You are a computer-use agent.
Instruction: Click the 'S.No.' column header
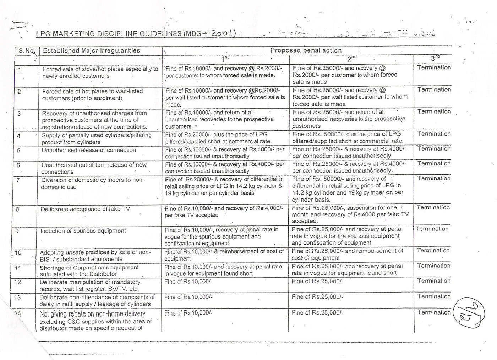(27, 51)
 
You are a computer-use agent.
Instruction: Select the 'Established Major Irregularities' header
(91, 51)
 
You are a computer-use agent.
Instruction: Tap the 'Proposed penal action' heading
(306, 50)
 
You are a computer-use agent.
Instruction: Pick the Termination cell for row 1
(434, 67)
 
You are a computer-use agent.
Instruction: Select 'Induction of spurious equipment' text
(83, 231)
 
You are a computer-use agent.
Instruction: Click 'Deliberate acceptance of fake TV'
(85, 209)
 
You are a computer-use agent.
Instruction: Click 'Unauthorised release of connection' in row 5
(89, 150)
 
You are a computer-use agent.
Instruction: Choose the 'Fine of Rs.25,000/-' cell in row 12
(317, 282)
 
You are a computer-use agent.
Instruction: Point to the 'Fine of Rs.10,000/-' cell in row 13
(188, 297)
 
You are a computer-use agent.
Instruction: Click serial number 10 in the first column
(18, 253)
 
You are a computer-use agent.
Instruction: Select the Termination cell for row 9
(432, 229)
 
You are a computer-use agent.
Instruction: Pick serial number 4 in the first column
(18, 136)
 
